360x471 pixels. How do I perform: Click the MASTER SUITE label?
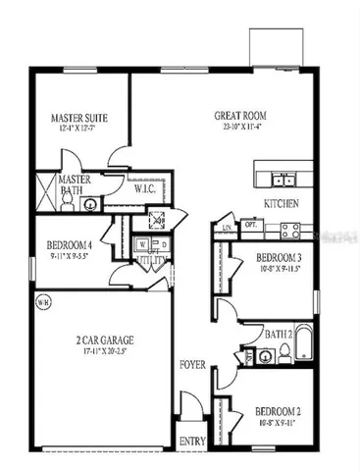[78, 118]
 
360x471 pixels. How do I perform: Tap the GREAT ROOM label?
[240, 115]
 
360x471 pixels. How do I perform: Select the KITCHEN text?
[282, 203]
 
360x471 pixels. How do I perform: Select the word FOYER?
[192, 365]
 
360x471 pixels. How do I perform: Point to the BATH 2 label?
[281, 335]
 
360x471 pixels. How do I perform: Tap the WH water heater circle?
[41, 301]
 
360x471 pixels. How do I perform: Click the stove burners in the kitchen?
[291, 230]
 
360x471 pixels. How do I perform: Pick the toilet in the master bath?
[68, 203]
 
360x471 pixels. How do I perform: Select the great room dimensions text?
[240, 128]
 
